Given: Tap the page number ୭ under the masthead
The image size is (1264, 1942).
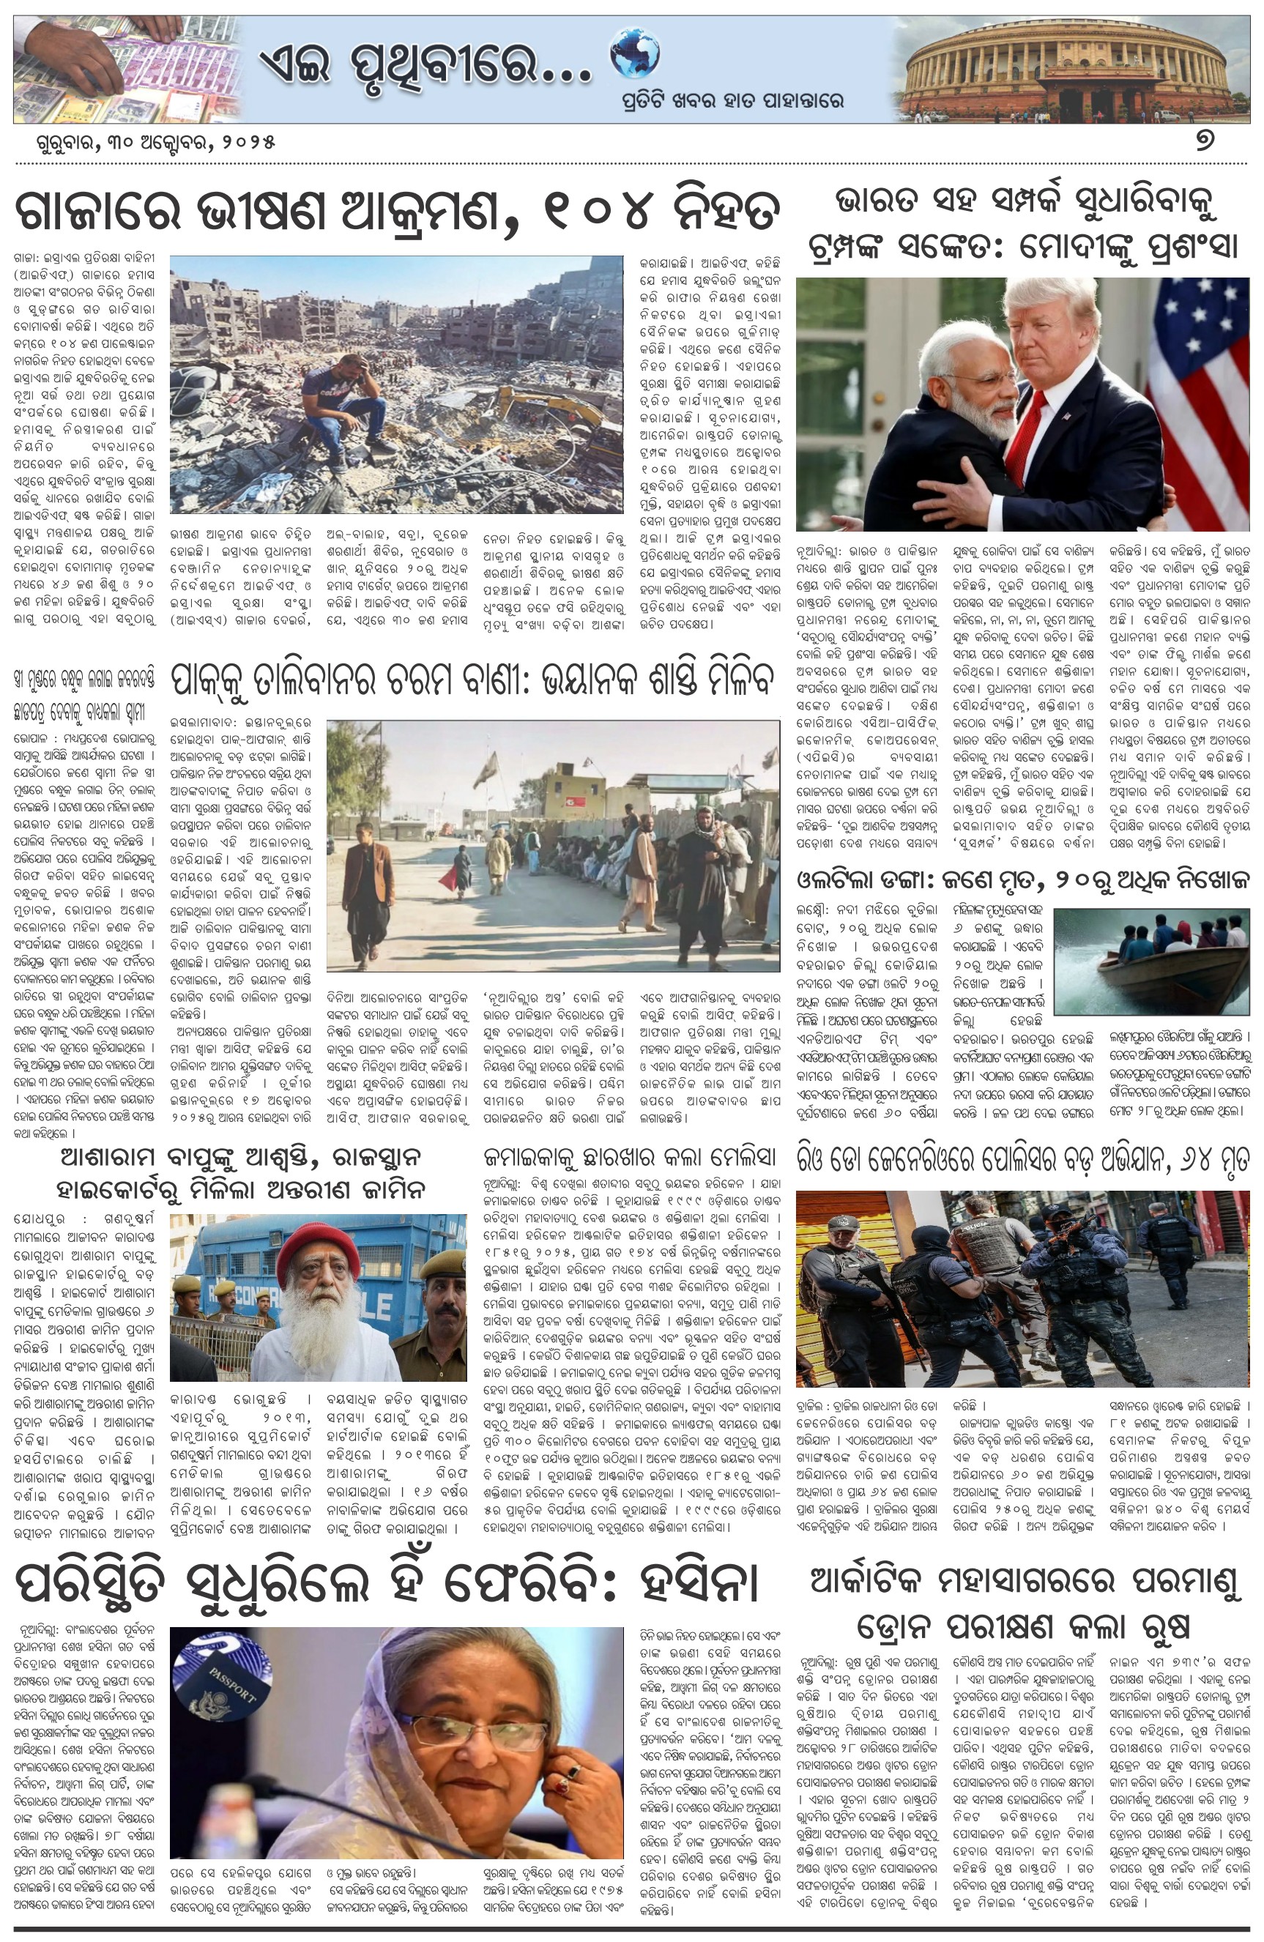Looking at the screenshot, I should click(x=1205, y=141).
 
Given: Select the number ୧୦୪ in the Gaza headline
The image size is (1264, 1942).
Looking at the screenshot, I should click(x=584, y=212).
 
